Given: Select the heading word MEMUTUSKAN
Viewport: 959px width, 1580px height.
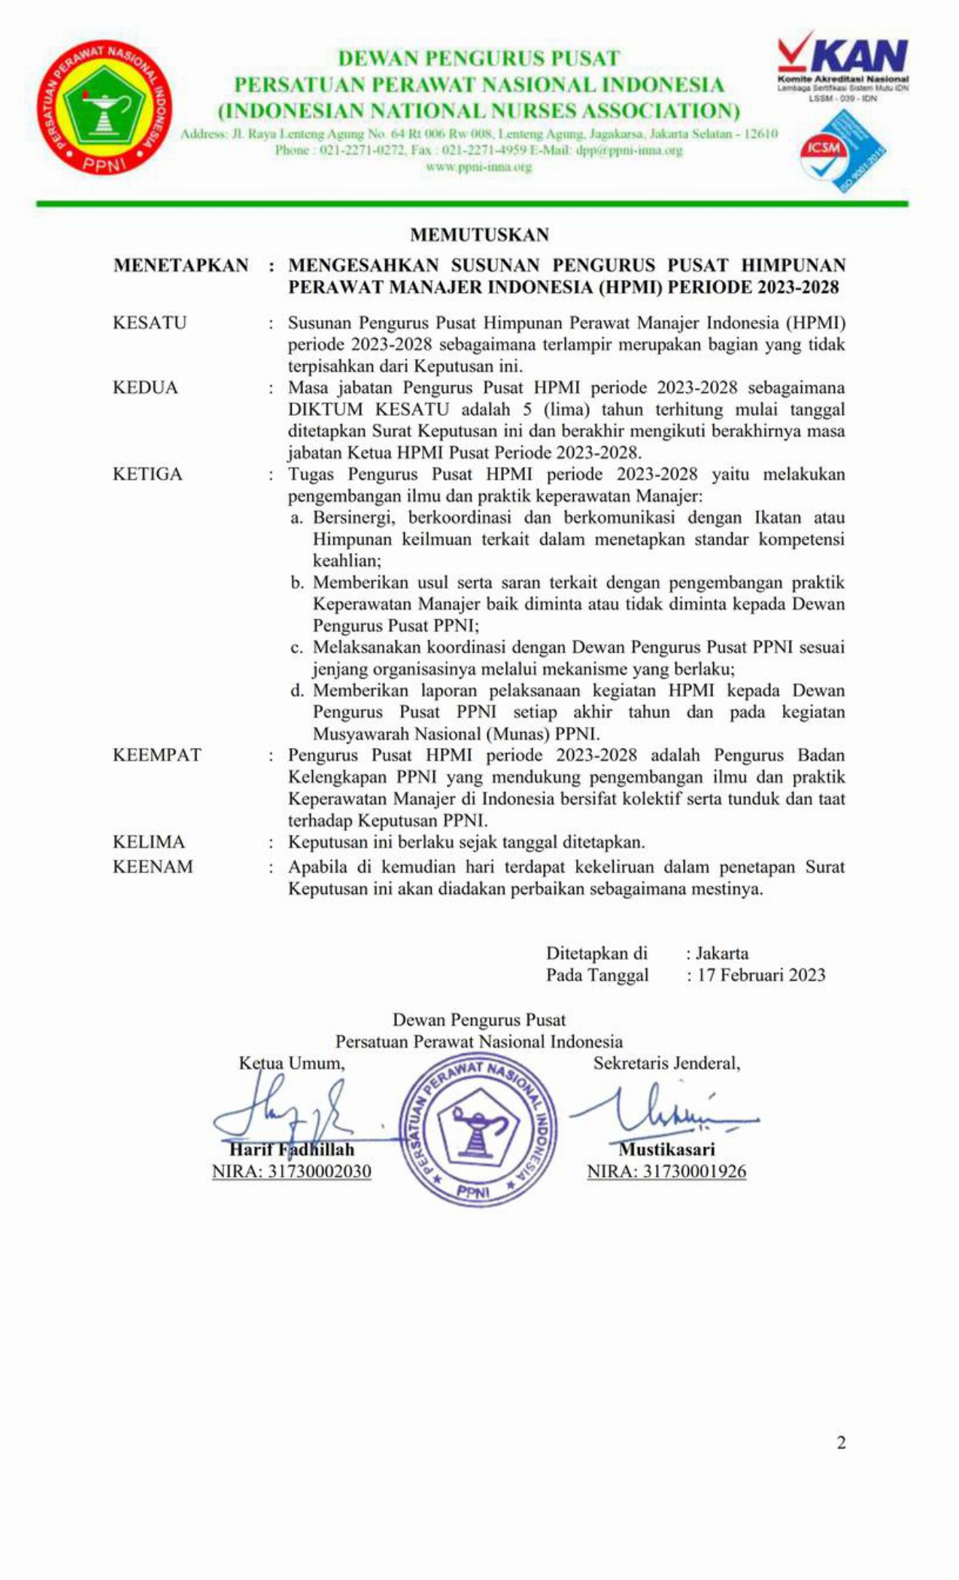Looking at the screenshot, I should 479,235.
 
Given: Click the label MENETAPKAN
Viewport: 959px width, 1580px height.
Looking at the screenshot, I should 181,266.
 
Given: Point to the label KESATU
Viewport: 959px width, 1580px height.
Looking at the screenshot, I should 150,323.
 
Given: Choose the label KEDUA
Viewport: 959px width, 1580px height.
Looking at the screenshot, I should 145,387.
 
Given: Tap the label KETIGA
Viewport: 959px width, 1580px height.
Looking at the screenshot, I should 147,474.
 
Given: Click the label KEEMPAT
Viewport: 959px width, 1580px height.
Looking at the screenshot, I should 157,755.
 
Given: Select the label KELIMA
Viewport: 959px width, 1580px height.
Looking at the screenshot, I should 149,842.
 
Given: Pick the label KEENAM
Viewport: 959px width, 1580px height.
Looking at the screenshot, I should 153,867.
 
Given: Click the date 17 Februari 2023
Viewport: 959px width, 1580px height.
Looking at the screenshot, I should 761,975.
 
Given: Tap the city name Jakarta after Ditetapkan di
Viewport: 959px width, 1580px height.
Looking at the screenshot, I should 722,953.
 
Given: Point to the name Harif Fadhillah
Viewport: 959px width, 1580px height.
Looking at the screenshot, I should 292,1150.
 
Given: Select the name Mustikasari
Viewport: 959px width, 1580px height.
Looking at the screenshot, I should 666,1150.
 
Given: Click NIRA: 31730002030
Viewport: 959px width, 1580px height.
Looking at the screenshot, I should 292,1171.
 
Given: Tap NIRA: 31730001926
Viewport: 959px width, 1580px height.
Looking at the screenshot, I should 666,1171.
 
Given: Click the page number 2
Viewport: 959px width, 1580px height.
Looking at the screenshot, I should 841,1442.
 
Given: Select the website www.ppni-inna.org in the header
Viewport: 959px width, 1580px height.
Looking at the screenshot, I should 478,167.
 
